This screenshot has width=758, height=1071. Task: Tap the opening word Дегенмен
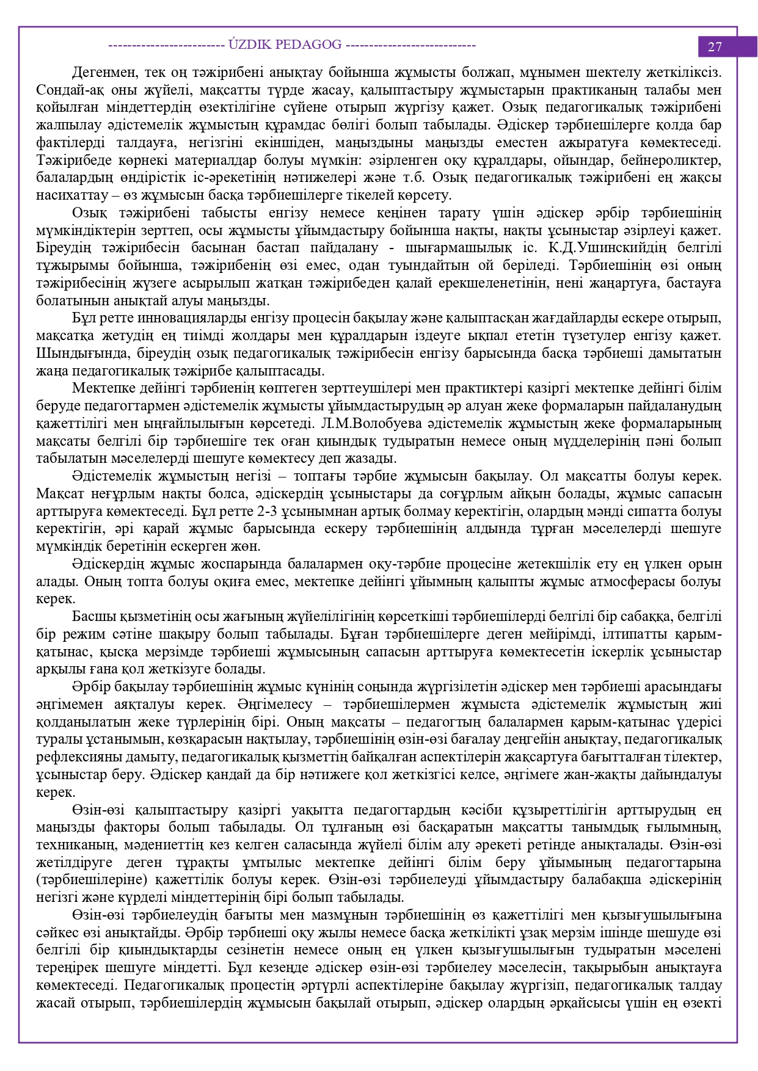coord(104,73)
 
